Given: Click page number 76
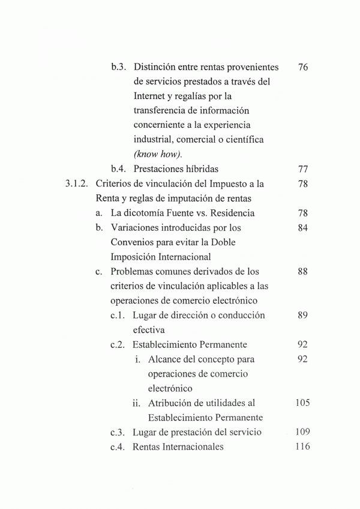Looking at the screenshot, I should tap(302, 67).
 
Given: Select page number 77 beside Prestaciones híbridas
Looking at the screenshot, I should tap(302, 169).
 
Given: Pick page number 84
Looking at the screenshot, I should tap(302, 228).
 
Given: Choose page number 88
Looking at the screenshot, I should tap(302, 272).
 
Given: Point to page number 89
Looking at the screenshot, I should tap(302, 315).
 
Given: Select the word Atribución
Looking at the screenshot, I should tap(173, 403).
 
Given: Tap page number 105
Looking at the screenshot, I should tap(302, 403).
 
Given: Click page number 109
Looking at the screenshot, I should tap(302, 432).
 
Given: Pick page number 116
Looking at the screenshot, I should tap(302, 447).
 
